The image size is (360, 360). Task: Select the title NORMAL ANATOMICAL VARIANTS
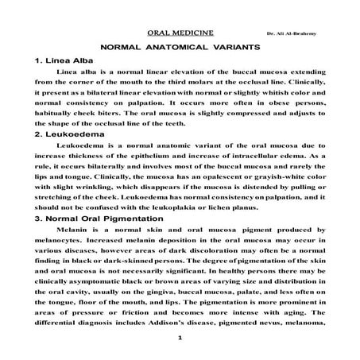click(180, 48)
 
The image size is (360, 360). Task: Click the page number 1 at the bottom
click(180, 340)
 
